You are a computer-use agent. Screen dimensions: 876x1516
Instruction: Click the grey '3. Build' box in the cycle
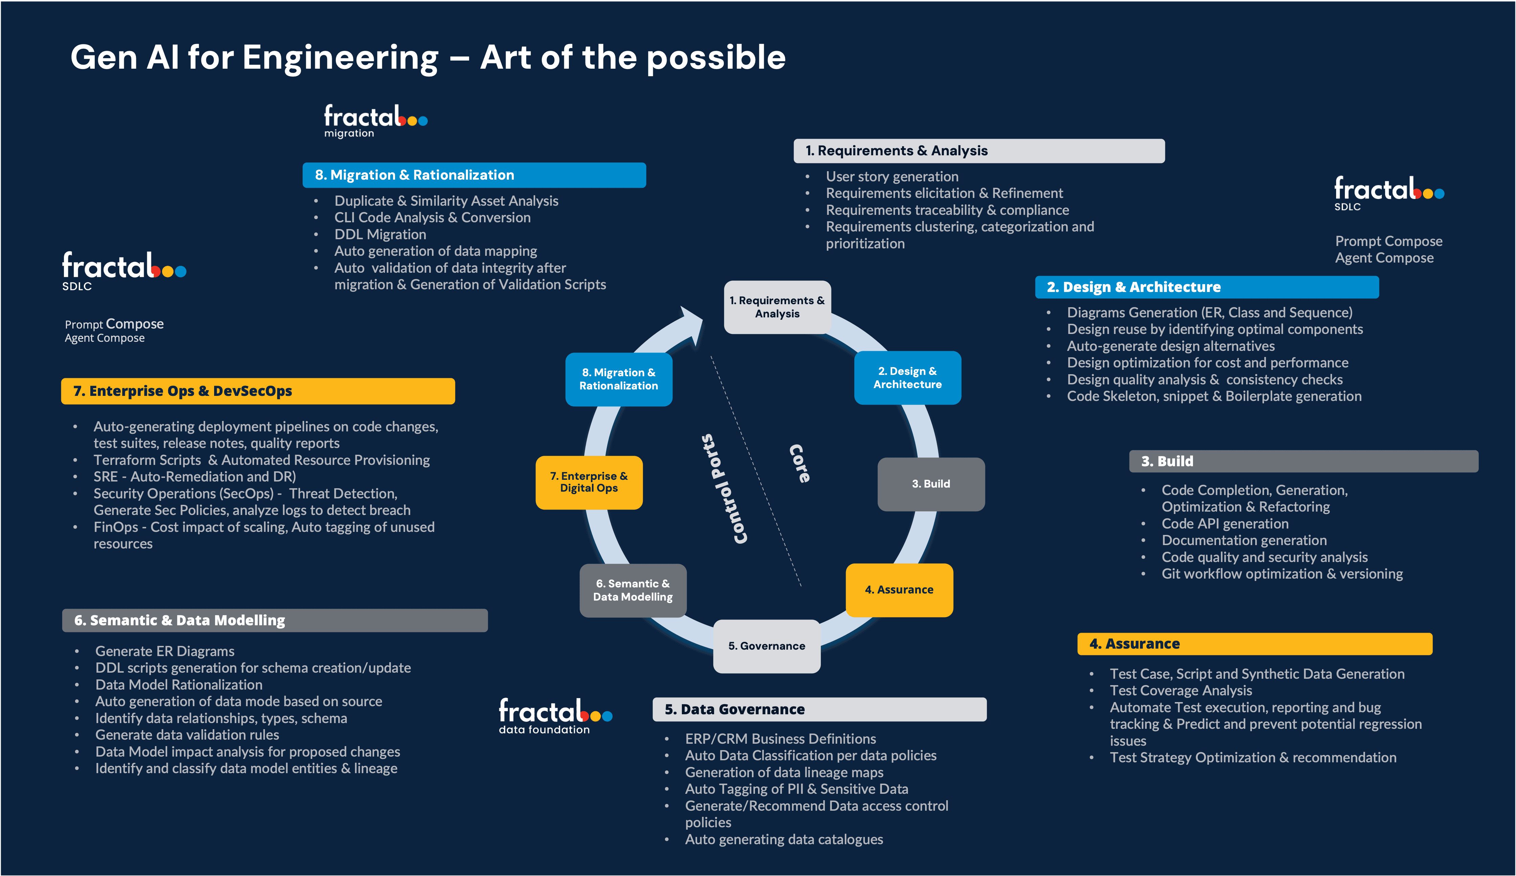(x=931, y=484)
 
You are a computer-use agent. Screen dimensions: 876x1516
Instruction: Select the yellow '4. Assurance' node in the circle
(x=899, y=590)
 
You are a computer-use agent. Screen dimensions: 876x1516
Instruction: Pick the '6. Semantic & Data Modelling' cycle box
(x=633, y=590)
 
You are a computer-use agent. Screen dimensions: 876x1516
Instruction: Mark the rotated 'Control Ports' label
(x=725, y=489)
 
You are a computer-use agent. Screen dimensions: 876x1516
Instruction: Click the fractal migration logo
(x=375, y=121)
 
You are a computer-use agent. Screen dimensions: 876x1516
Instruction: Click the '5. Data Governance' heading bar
(x=819, y=709)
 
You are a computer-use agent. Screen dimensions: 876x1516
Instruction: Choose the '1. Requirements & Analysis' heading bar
(x=979, y=151)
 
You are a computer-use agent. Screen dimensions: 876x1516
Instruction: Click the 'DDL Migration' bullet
(x=380, y=234)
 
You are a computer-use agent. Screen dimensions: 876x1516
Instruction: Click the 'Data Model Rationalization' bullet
(x=179, y=685)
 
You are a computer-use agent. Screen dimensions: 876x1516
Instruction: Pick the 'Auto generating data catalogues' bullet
(x=784, y=839)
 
